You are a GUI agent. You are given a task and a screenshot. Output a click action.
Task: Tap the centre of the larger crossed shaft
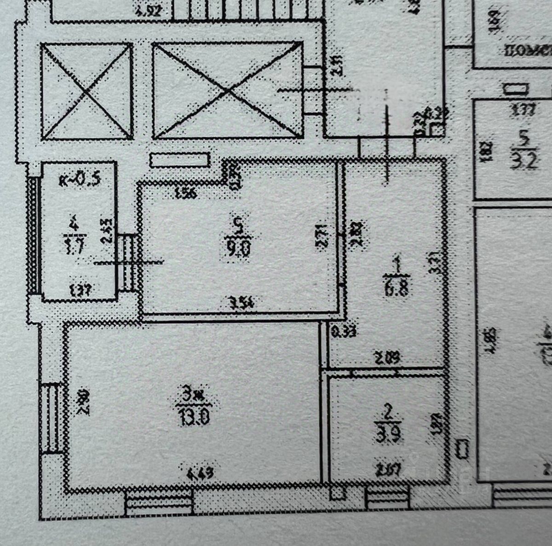(x=228, y=90)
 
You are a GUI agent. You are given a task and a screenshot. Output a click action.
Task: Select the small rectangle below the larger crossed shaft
(x=180, y=160)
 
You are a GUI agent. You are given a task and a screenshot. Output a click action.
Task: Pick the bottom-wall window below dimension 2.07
(x=387, y=499)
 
